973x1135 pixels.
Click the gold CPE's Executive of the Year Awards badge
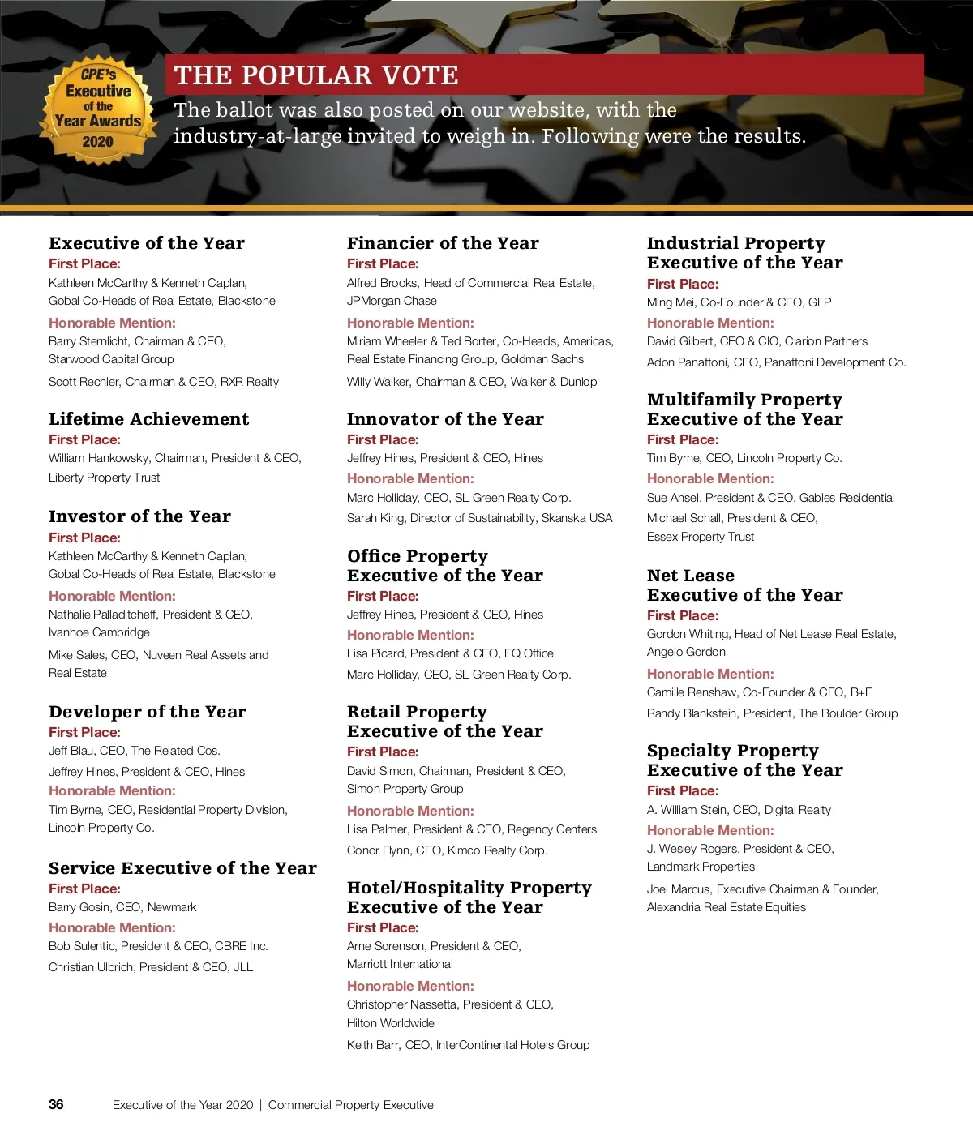coord(98,109)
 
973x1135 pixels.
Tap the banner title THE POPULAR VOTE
coord(316,75)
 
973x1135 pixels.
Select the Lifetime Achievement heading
coord(148,419)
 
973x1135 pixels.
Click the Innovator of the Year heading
coord(445,419)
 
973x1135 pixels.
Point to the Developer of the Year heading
coord(147,712)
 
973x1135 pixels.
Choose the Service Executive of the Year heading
coord(182,868)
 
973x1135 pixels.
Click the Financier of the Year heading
coord(443,243)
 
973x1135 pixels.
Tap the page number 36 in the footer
coord(56,1104)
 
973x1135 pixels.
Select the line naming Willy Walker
coord(471,382)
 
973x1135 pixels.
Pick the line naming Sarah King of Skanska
coord(479,518)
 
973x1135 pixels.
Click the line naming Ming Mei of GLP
coord(739,302)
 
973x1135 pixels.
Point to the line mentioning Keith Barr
coord(468,1045)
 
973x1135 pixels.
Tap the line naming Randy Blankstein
coord(772,713)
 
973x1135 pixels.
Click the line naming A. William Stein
coord(739,810)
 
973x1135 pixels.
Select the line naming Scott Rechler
coord(163,382)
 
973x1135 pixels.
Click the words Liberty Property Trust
coord(104,478)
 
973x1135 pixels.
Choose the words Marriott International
coord(400,964)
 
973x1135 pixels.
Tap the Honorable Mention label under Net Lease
coord(710,674)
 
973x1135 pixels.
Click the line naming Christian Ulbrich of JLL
coord(150,967)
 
